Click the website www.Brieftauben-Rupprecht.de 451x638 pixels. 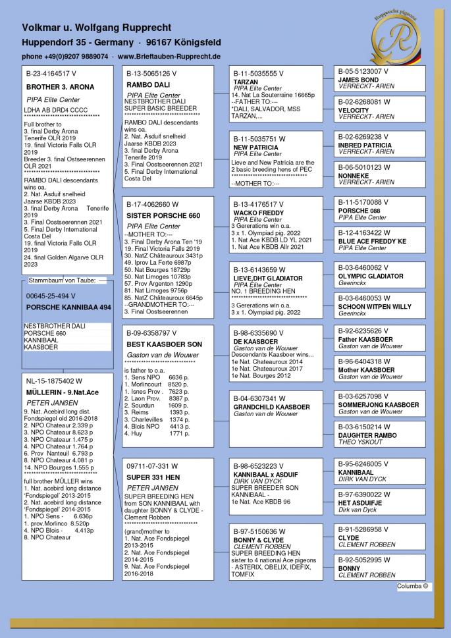169,57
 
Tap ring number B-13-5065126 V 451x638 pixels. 151,74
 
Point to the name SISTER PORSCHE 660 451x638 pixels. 163,216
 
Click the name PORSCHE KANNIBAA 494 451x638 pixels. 68,307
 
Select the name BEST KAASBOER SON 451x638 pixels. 164,344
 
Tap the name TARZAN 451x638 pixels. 246,82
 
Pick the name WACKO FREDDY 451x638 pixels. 259,213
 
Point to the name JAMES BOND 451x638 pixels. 358,80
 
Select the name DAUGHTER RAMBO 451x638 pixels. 368,435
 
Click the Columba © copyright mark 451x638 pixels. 413,585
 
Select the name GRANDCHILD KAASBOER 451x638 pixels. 271,407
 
